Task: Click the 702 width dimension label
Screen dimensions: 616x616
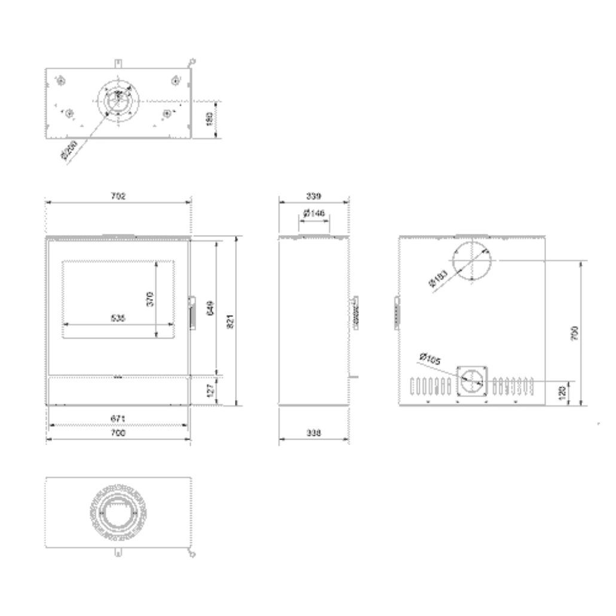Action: (118, 196)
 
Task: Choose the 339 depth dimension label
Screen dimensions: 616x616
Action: (313, 196)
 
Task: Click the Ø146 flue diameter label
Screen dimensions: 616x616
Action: (314, 214)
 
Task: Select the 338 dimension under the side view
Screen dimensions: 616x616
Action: (313, 434)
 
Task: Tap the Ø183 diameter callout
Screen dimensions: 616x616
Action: (440, 278)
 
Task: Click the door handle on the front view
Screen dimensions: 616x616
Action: (192, 311)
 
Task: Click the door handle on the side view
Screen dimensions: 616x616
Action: (355, 312)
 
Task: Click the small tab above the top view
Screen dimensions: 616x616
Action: (118, 62)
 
